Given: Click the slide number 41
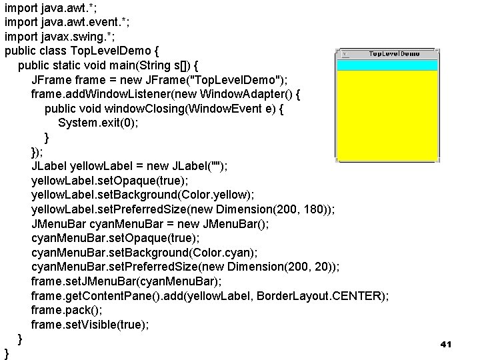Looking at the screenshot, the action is click(446, 344).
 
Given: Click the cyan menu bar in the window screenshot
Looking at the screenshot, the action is click(388, 65).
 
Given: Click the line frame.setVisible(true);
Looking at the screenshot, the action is click(90, 325).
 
